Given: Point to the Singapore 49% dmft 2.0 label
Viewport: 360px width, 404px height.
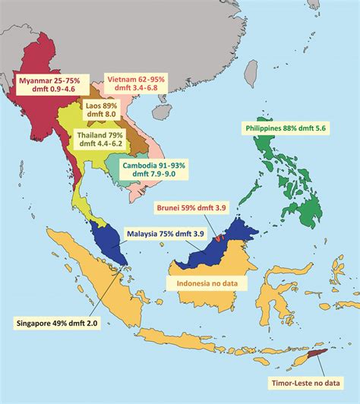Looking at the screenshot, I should tap(57, 323).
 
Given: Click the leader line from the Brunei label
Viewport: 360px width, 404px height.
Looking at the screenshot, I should tap(210, 224).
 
